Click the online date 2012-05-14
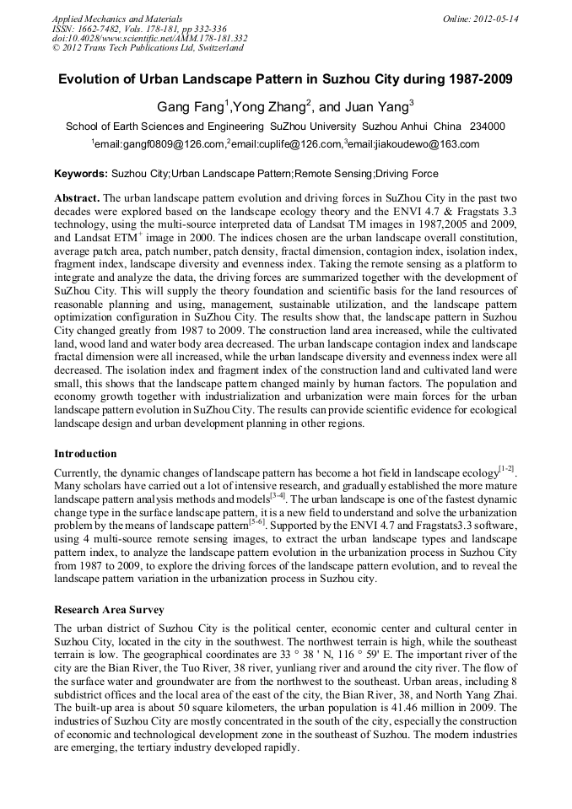pos(495,18)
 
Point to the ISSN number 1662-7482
pos(112,28)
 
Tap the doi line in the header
pos(149,38)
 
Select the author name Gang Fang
pos(189,107)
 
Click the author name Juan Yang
pos(380,107)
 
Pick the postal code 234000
pos(487,127)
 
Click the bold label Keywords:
pos(81,174)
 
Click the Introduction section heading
pos(85,453)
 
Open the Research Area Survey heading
pos(109,609)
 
